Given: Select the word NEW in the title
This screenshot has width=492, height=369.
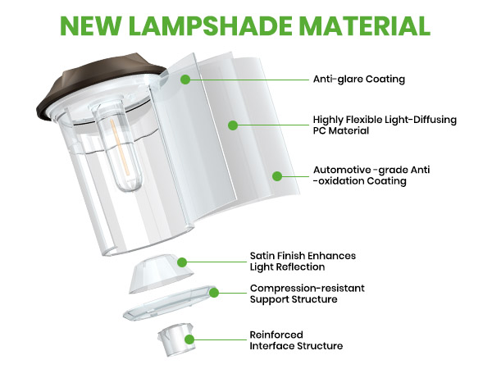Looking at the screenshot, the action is point(92,25).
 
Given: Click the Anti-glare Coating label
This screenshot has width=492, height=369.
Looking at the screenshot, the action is point(359,79).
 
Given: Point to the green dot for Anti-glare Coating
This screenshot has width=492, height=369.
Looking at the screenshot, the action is point(185,79).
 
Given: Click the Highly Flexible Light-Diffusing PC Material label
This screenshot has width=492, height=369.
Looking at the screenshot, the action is point(385,125).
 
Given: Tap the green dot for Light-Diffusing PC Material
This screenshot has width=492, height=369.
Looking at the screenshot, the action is point(233,125).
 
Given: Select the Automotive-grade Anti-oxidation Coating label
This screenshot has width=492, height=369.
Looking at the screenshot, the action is point(371,175).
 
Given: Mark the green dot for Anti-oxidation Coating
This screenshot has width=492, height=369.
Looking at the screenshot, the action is point(277,176).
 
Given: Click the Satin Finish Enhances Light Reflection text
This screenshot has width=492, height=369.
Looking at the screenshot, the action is point(303,262).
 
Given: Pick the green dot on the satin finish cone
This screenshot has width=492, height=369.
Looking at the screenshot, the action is point(182,262).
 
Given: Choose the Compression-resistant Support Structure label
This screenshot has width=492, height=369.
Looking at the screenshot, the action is point(307,294).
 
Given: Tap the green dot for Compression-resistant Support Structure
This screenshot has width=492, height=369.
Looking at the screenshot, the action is point(214,293).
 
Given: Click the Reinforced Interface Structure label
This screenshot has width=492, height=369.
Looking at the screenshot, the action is point(296,340).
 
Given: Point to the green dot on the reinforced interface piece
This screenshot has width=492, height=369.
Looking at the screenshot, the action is point(189,339).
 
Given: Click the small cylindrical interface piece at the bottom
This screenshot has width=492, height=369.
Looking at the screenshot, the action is point(176,339).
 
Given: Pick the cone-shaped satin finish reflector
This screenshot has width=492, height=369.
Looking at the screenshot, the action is point(160,275).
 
